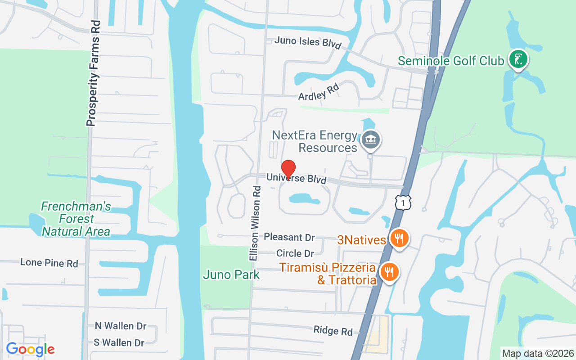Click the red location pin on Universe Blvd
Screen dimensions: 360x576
(288, 169)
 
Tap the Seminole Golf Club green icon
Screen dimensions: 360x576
(518, 59)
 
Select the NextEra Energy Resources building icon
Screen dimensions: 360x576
(371, 140)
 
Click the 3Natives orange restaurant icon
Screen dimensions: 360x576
(399, 238)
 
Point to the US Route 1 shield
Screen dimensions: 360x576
(403, 202)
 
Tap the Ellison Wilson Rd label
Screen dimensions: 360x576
(255, 223)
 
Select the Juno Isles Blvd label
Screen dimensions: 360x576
(308, 42)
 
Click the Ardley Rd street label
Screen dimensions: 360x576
(319, 92)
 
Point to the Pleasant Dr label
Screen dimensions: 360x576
(289, 237)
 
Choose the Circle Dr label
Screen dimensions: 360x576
(295, 253)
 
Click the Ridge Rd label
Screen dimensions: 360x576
(333, 331)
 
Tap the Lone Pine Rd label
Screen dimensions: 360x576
(49, 263)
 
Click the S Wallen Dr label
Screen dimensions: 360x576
(119, 343)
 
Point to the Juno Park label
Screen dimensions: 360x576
(231, 274)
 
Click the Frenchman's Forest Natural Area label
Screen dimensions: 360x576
(76, 219)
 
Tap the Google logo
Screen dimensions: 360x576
(30, 349)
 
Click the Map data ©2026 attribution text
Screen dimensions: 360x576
(538, 354)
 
